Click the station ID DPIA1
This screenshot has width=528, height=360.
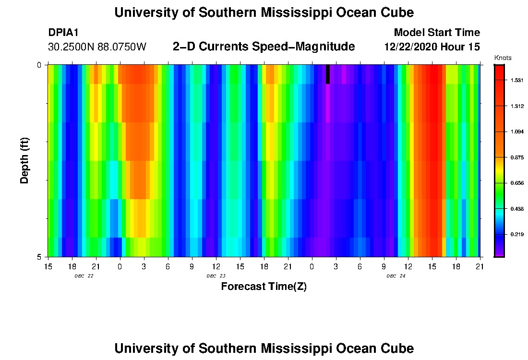pos(63,33)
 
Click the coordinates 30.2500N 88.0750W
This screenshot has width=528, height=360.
pos(97,47)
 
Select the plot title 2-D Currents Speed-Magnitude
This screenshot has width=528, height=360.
pos(264,47)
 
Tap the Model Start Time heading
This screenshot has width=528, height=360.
pos(436,33)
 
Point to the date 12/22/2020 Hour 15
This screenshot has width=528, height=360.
pos(432,47)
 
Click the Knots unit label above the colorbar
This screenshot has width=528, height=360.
pos(503,58)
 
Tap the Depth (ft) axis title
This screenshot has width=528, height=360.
pos(25,161)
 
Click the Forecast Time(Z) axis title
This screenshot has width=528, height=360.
pos(264,287)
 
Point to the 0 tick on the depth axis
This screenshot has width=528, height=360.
pos(39,65)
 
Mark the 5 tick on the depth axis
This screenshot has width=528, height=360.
pos(39,257)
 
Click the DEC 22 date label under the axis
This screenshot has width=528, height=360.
pos(84,276)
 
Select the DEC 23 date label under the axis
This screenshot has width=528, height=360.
pos(216,276)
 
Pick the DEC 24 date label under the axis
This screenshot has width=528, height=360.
pos(396,276)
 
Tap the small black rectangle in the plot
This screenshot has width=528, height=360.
pos(328,74)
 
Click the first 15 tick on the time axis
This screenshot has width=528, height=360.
pos(48,265)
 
